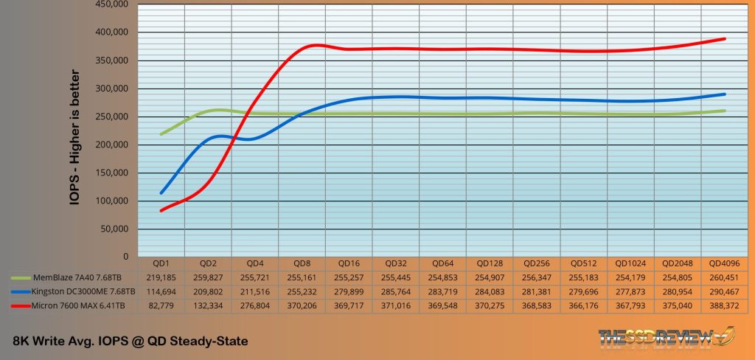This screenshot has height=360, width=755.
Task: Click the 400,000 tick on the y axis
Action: [x=114, y=32]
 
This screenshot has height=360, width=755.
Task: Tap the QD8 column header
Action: [x=302, y=263]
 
